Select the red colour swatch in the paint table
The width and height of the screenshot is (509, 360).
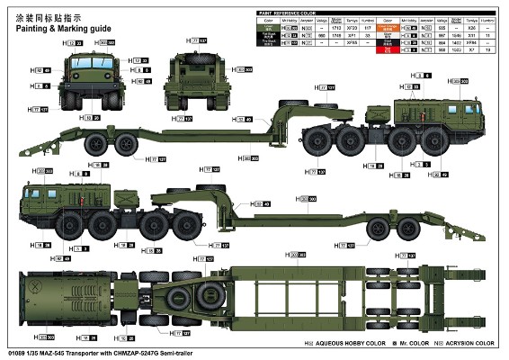(389, 49)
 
